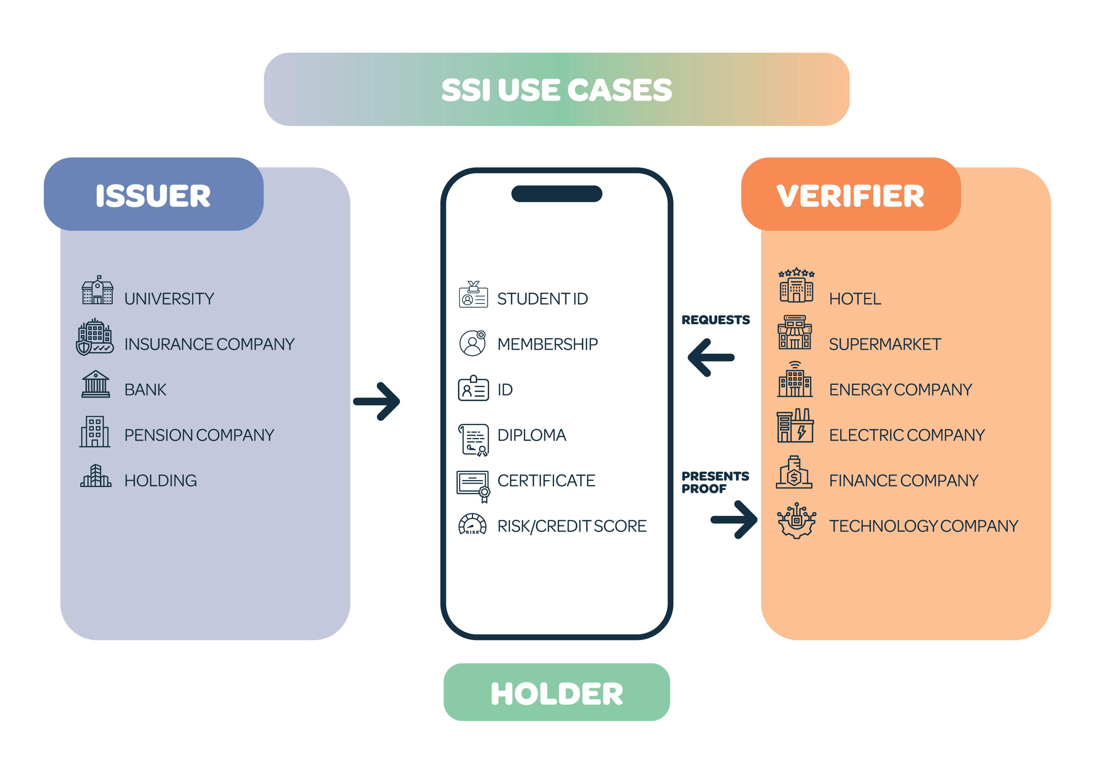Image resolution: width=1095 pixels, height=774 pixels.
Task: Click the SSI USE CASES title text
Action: [x=556, y=90]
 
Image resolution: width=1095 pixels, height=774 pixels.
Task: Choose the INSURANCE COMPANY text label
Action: [x=210, y=344]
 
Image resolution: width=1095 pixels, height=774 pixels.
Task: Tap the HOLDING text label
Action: [x=160, y=480]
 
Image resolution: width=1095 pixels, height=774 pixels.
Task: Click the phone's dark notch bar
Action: [x=556, y=193]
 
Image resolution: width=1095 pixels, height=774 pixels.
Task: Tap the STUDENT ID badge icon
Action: [x=473, y=295]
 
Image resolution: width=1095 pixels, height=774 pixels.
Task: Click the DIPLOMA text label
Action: [x=531, y=435]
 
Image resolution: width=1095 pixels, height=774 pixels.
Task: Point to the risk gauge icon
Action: [x=472, y=525]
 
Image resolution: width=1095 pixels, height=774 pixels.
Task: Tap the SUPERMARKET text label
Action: [x=885, y=344]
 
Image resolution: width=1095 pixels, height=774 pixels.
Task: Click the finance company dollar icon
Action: [x=794, y=473]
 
